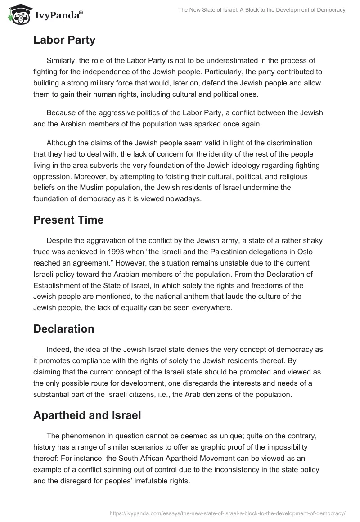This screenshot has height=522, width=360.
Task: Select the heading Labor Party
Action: [x=64, y=40]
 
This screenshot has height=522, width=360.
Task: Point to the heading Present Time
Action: [x=68, y=220]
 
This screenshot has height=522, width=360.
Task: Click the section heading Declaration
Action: [x=64, y=329]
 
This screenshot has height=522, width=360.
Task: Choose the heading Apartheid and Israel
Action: [x=87, y=415]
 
